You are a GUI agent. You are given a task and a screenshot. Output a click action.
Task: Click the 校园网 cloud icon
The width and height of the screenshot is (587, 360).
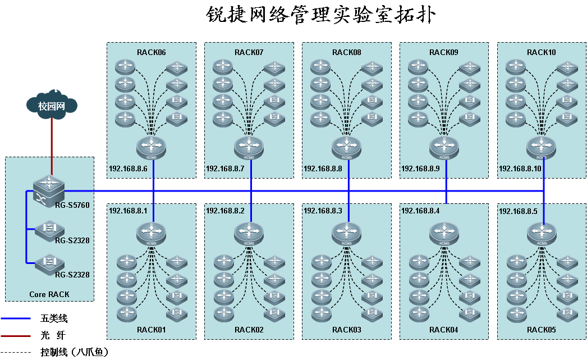[51, 105]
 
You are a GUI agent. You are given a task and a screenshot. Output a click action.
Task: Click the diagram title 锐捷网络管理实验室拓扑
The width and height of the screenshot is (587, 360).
[319, 15]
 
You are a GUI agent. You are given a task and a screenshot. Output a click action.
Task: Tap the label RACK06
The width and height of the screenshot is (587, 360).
[151, 52]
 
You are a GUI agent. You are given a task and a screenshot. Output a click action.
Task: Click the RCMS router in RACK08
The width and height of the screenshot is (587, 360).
[346, 147]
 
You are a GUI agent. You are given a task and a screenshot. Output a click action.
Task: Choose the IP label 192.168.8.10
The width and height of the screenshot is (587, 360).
[520, 168]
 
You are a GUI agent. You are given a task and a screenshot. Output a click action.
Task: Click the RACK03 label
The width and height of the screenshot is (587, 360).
[346, 330]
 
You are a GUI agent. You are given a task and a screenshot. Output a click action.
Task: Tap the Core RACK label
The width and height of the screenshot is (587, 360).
[49, 294]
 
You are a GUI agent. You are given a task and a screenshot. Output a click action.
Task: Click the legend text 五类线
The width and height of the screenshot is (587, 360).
[54, 318]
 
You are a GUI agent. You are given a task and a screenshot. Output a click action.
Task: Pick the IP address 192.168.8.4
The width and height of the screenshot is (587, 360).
[420, 211]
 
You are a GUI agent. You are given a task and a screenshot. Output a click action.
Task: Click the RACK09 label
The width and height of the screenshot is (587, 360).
[444, 52]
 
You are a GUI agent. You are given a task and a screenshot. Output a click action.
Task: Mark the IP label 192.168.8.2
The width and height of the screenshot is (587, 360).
[225, 211]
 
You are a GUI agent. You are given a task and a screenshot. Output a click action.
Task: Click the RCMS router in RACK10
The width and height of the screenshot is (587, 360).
[542, 147]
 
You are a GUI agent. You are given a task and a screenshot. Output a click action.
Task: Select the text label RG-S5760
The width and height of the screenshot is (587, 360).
[72, 206]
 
